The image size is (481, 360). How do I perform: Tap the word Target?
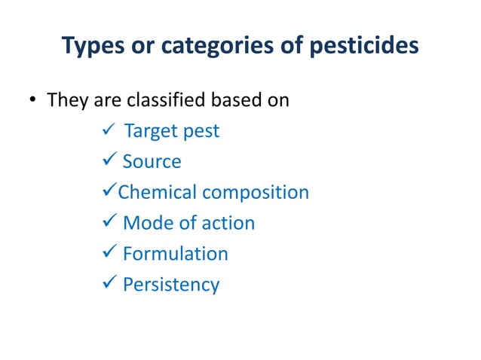point(149,131)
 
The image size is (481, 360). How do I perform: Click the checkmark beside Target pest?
point(106,131)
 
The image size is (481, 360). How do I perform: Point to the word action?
point(225,224)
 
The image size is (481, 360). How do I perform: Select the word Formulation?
point(175,255)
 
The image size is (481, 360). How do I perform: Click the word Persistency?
point(170,285)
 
